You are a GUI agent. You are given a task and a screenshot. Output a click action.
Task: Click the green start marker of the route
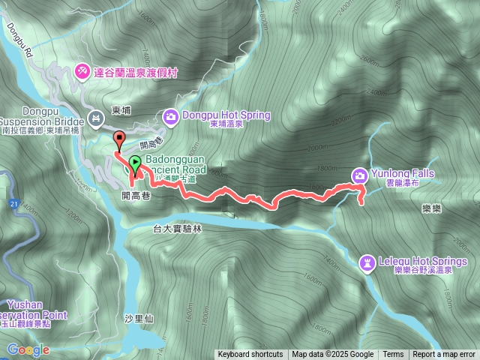pyautogui.click(x=134, y=163)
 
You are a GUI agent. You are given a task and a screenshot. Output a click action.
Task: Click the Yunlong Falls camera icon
pyautogui.click(x=359, y=175)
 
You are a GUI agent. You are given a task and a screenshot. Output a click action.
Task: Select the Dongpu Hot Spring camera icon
pyautogui.click(x=170, y=117)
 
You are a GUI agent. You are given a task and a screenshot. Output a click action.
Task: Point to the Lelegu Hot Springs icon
pyautogui.click(x=367, y=262)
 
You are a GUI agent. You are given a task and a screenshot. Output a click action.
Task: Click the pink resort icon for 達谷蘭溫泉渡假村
pyautogui.click(x=82, y=71)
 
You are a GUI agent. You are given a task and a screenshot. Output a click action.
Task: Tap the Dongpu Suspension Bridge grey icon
pyautogui.click(x=96, y=118)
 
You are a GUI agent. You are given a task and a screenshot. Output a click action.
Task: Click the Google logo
pyautogui.click(x=28, y=349)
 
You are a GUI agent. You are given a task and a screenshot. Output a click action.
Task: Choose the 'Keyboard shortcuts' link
pyautogui.click(x=250, y=355)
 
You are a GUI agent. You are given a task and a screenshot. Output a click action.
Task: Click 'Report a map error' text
pyautogui.click(x=444, y=355)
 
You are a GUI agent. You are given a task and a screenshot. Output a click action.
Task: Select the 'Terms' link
pyautogui.click(x=393, y=355)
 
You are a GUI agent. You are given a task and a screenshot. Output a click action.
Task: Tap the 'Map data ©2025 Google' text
pyautogui.click(x=333, y=355)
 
